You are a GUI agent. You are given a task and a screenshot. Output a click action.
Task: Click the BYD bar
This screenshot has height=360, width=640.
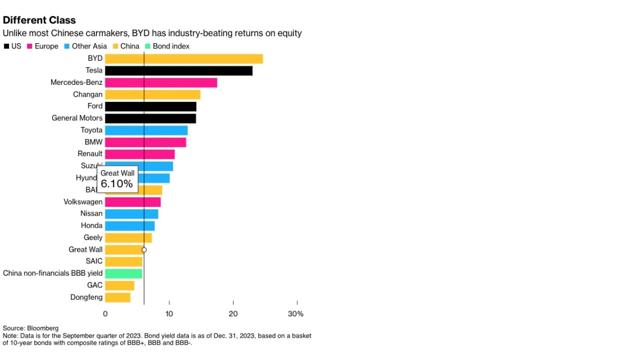183,59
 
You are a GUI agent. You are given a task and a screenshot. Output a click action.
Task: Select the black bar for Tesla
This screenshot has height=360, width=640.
179,70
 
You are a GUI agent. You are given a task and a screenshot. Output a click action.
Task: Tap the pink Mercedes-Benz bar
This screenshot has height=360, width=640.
161,83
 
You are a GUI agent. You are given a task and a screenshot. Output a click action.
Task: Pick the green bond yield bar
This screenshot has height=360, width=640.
124,274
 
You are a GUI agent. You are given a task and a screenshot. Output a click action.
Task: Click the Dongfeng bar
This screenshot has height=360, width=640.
118,298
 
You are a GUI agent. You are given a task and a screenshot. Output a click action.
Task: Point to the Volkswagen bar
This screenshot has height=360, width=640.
133,202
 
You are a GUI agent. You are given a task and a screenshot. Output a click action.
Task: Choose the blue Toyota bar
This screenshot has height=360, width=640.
146,130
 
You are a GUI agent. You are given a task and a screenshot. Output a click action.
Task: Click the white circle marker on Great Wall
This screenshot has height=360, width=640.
144,250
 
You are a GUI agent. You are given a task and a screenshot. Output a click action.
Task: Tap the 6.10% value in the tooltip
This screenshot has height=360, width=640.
117,184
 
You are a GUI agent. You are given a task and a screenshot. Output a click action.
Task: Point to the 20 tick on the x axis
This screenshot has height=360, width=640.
233,314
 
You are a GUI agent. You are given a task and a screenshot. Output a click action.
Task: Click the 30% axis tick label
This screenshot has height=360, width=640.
295,314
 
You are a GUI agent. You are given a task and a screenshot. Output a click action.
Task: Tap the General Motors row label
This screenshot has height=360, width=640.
77,118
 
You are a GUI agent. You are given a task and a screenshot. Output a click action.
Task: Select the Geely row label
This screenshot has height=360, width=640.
93,238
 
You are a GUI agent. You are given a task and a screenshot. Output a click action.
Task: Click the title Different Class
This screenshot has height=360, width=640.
39,20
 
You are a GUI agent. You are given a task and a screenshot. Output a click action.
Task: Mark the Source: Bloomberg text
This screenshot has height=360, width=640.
30,328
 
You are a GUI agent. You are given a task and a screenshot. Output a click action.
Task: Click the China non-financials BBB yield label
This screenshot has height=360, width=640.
53,274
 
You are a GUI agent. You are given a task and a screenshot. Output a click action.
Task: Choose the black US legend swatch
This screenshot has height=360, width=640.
6,46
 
